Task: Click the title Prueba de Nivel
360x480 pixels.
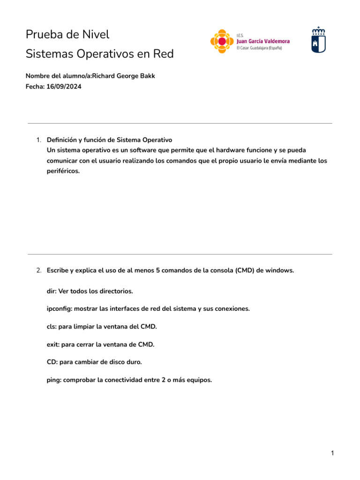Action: coord(67,34)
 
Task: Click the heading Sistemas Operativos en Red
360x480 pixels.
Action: coord(99,54)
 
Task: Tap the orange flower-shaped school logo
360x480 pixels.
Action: coord(221,41)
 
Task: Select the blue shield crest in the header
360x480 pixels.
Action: coord(319,39)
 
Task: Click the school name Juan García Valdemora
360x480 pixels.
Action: coord(263,41)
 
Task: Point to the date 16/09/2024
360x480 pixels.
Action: coord(64,87)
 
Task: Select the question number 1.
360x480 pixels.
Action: coord(38,140)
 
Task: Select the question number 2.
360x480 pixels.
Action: coord(38,270)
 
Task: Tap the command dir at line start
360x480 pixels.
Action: coord(51,291)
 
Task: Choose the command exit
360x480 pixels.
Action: coord(53,345)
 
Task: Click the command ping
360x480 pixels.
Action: coord(54,380)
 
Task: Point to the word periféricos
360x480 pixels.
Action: coord(63,171)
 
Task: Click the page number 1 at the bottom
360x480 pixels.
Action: coord(332,453)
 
